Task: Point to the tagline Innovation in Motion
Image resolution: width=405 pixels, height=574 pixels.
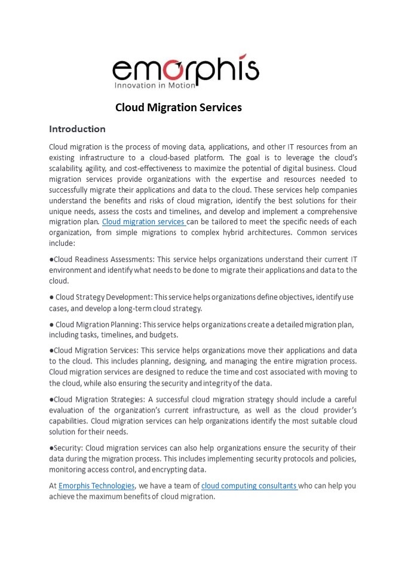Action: coord(155,86)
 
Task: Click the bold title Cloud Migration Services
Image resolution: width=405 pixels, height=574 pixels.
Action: coord(178,108)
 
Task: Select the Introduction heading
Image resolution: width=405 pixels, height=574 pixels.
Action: coord(77,129)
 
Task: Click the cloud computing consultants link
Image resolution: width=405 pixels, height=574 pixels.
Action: coord(249,486)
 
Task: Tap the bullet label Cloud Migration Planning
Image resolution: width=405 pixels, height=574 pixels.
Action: coord(99,325)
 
